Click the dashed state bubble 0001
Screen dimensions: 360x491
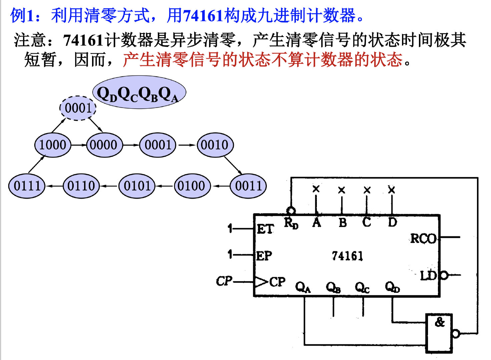click(x=78, y=108)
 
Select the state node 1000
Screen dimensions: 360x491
click(x=53, y=145)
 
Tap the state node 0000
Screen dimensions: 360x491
click(x=104, y=145)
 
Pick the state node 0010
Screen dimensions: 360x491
click(x=215, y=145)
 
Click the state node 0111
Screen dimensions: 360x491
click(x=27, y=186)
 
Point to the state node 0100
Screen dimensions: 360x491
click(x=192, y=186)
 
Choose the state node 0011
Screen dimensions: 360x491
click(x=248, y=186)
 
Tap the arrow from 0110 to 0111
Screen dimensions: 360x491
click(x=54, y=186)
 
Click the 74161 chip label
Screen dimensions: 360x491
click(x=347, y=256)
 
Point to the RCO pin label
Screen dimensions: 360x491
click(x=423, y=239)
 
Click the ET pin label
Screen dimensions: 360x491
click(x=265, y=229)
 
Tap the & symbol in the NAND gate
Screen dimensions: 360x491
click(x=440, y=322)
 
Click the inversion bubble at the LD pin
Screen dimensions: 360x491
click(x=444, y=275)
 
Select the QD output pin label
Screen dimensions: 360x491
click(x=392, y=287)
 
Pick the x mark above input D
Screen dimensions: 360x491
click(x=392, y=190)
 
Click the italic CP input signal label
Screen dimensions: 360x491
click(x=224, y=281)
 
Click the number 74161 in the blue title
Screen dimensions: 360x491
click(x=203, y=15)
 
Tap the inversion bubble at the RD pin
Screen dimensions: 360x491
click(x=291, y=211)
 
